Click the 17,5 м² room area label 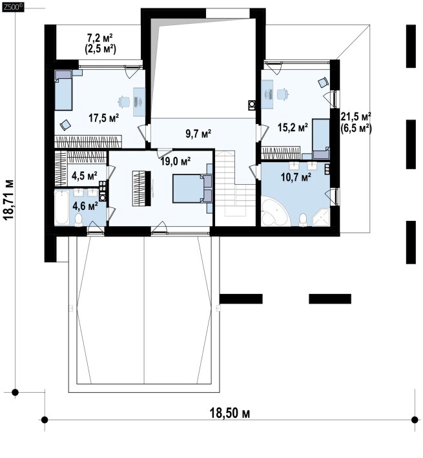point(103,118)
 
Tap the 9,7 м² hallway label point(198,134)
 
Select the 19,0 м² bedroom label point(176,161)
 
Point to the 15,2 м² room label point(293,127)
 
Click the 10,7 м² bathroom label point(296,177)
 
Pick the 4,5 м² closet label point(85,176)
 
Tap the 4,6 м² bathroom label point(85,206)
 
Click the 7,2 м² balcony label point(100,38)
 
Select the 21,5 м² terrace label point(356,116)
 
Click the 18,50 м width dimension point(230,413)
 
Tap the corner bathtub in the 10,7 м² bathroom point(274,211)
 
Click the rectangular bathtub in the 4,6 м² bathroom point(61,207)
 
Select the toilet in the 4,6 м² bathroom point(78,220)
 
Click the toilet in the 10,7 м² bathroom point(304,220)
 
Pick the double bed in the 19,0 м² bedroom point(192,189)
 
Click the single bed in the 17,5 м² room point(63,90)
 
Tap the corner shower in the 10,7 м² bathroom point(321,217)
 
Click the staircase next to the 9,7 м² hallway point(235,183)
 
